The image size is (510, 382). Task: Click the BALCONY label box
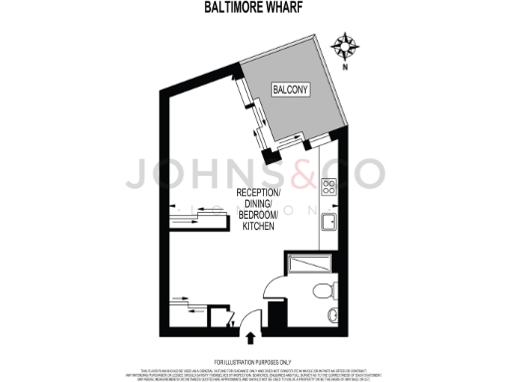[290, 90]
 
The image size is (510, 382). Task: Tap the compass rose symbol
[347, 46]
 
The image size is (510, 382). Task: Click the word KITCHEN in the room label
[261, 228]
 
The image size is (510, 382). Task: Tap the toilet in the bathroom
[321, 291]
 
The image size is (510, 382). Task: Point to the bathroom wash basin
[331, 316]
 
